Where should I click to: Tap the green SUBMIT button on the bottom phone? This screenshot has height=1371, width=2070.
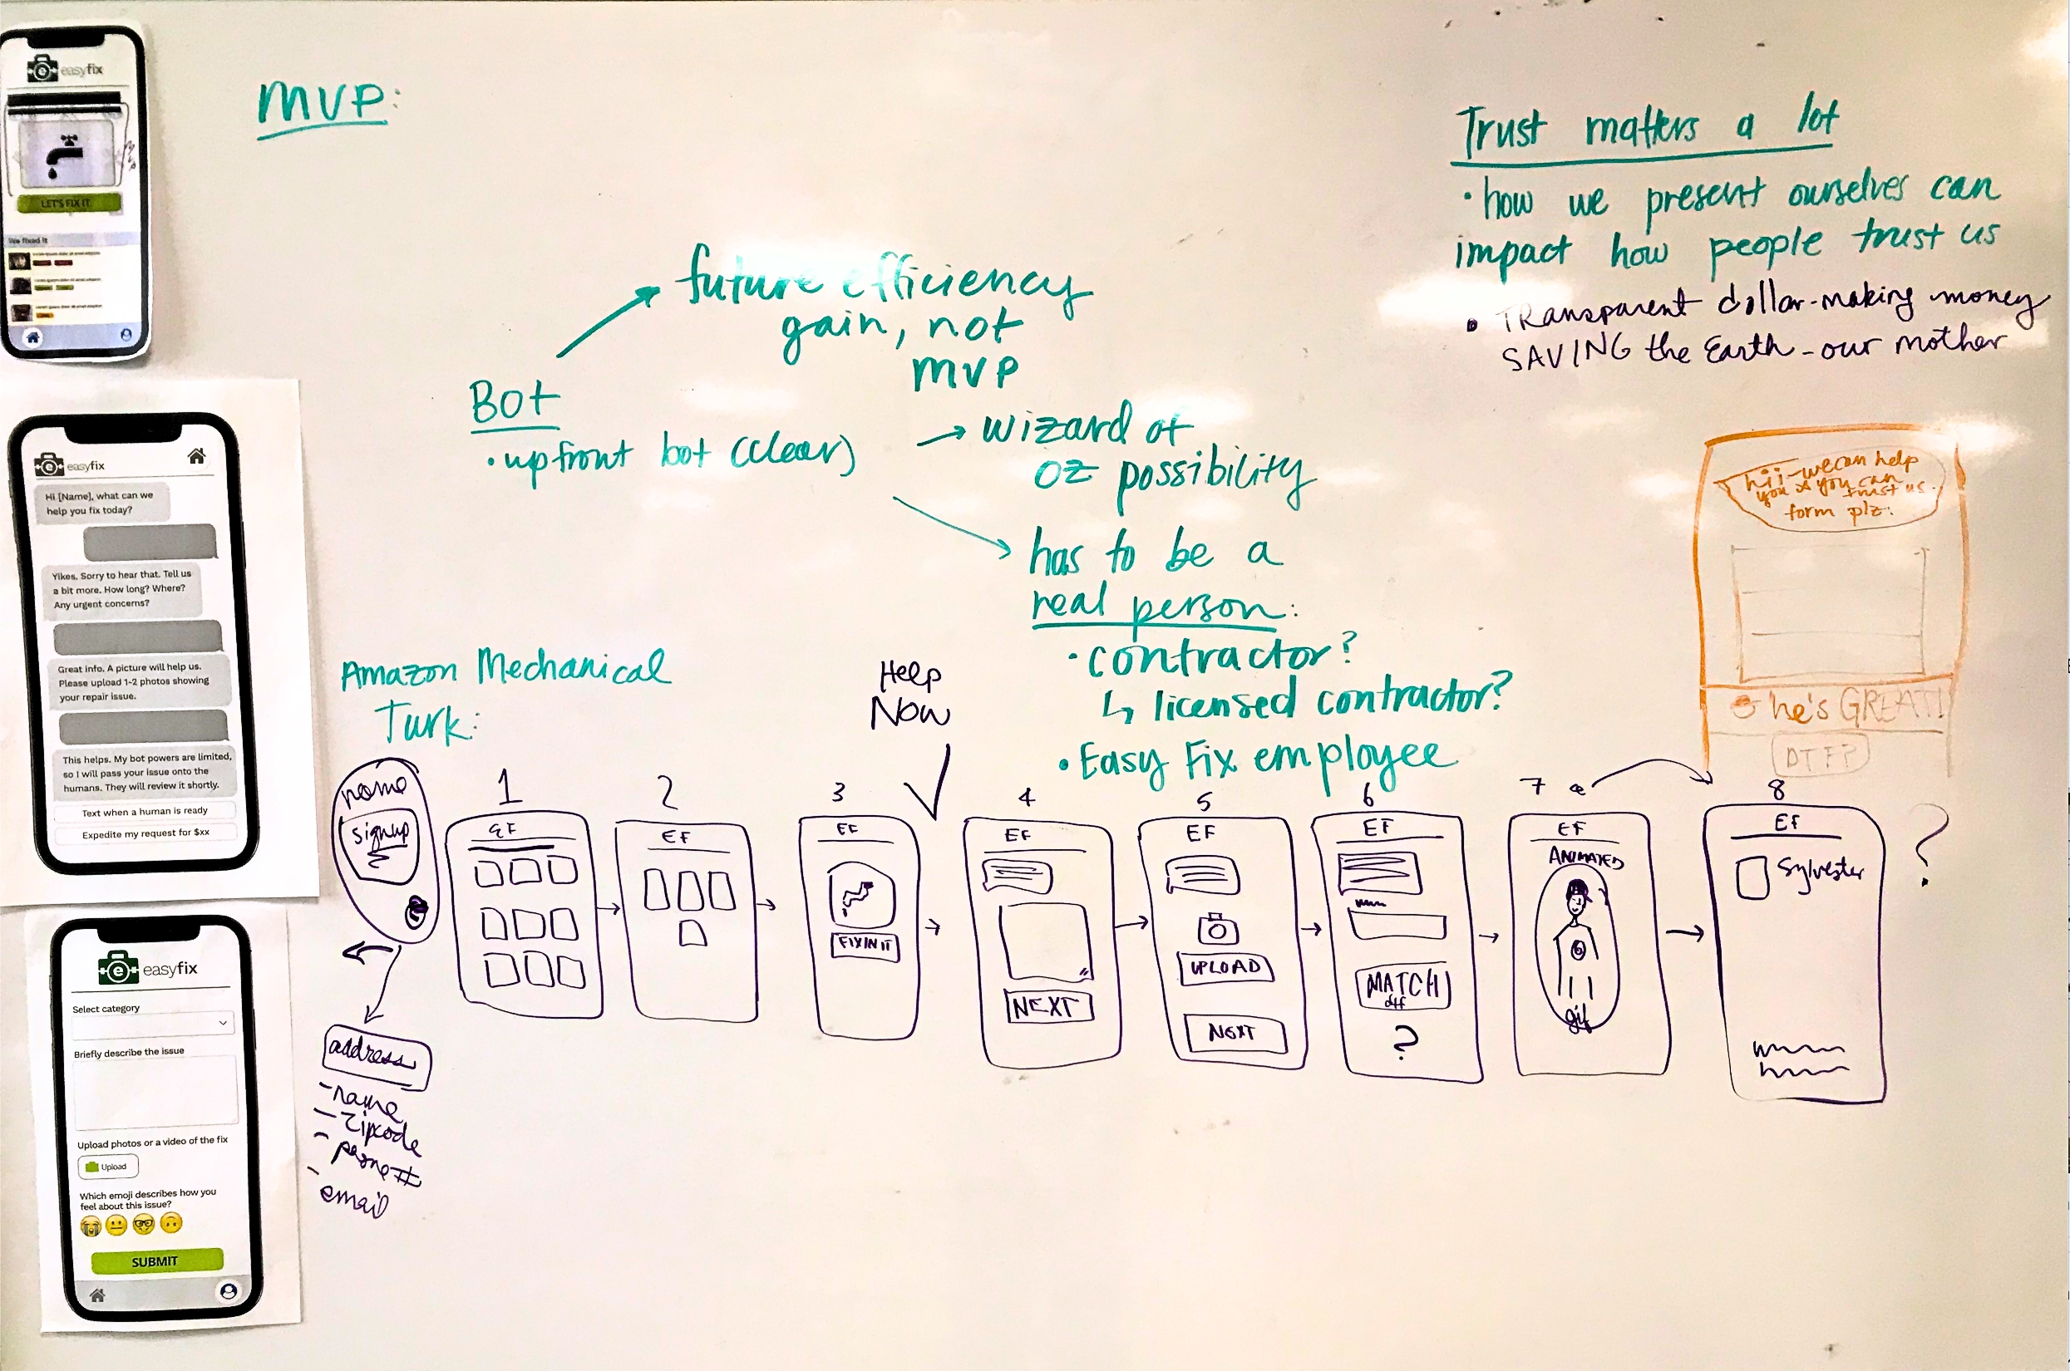(x=156, y=1260)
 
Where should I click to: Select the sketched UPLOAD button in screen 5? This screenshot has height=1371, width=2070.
(x=1225, y=967)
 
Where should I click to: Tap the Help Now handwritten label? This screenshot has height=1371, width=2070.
(x=910, y=696)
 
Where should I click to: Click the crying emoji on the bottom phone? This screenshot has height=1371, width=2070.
(x=90, y=1226)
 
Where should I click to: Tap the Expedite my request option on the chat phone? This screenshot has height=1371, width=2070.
(x=145, y=833)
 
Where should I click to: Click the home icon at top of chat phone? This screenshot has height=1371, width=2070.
(x=197, y=455)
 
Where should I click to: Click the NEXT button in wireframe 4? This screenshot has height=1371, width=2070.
(x=1047, y=1006)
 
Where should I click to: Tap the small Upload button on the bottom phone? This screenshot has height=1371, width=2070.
(x=107, y=1167)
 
